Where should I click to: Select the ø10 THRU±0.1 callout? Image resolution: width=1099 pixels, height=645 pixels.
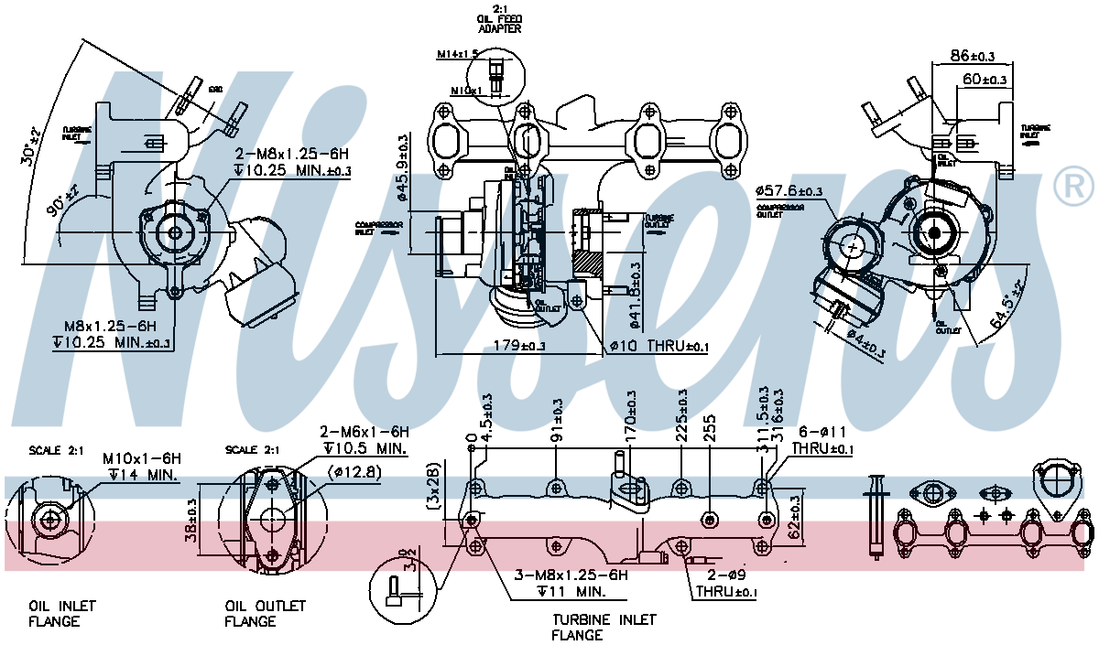[659, 346]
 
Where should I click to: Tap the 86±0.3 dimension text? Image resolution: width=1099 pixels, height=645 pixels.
[972, 57]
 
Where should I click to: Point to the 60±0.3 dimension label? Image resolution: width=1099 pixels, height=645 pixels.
[985, 80]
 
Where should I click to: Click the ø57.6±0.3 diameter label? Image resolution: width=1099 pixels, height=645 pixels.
[789, 191]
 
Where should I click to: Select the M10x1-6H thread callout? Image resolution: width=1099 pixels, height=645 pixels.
[142, 457]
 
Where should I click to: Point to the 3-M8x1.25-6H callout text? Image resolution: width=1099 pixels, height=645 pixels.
[571, 575]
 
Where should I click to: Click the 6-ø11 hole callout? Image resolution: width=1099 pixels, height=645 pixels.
[822, 431]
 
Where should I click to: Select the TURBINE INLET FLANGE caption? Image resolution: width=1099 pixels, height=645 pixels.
[604, 627]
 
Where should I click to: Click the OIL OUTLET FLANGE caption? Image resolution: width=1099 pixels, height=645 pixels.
[266, 614]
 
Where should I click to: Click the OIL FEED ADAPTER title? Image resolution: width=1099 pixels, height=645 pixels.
[499, 20]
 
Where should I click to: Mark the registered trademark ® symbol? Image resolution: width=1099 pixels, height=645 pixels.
[1073, 187]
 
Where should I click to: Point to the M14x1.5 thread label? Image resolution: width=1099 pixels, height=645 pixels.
[460, 55]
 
